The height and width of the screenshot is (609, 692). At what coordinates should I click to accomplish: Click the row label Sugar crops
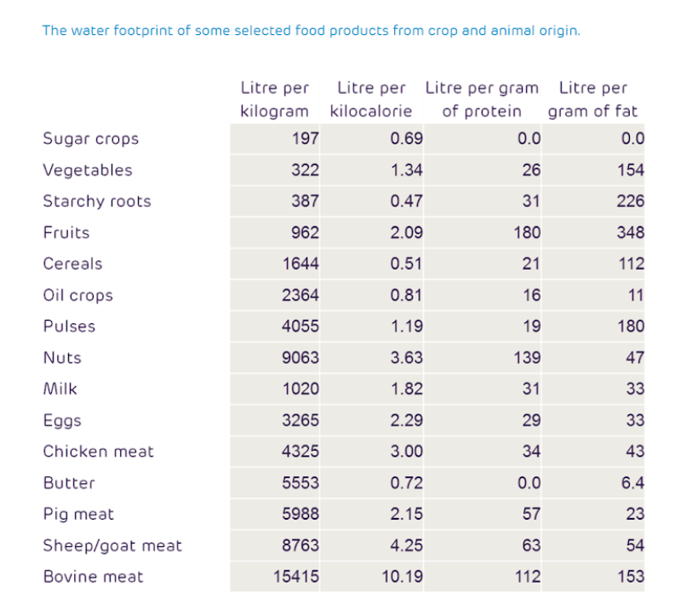click(x=90, y=139)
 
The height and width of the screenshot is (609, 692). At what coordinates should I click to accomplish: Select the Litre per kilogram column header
click(x=274, y=99)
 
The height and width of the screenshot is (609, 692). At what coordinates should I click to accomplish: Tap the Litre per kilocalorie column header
click(x=371, y=99)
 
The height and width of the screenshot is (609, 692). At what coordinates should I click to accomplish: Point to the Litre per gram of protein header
click(x=482, y=99)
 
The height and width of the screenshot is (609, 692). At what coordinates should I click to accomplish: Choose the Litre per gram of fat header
click(x=592, y=99)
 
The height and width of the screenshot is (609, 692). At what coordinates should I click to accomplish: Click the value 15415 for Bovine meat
click(x=295, y=577)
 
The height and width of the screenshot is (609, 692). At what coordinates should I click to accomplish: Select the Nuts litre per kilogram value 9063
click(x=300, y=358)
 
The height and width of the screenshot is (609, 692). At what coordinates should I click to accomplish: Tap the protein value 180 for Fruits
click(x=527, y=232)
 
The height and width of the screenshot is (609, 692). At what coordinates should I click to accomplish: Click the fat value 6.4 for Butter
click(x=632, y=483)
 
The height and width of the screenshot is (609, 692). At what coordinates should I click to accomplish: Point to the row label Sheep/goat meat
click(x=112, y=545)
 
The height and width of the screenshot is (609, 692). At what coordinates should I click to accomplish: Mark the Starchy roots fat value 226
click(x=631, y=202)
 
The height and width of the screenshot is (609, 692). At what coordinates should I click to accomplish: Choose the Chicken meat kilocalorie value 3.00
click(x=406, y=452)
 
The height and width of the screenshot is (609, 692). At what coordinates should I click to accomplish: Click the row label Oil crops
click(x=77, y=295)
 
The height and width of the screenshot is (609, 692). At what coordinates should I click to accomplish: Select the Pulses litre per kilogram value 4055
click(x=300, y=327)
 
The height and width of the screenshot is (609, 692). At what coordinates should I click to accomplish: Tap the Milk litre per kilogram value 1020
click(x=300, y=390)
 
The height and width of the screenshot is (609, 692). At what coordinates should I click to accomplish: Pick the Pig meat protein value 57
click(x=531, y=514)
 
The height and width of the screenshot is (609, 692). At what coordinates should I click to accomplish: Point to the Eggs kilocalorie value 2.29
click(x=406, y=420)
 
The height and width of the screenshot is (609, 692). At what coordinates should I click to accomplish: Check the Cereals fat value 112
click(x=631, y=264)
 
